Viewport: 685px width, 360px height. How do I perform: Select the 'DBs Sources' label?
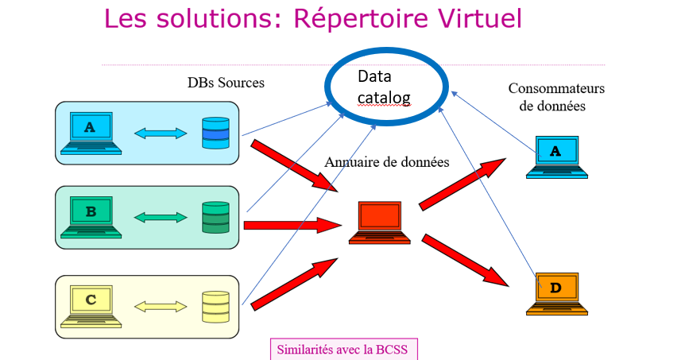226,83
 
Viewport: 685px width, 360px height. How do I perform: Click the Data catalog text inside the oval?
384,87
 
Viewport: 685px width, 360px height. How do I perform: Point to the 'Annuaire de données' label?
387,162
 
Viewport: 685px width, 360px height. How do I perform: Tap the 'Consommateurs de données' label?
556,97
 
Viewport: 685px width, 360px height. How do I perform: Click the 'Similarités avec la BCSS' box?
343,349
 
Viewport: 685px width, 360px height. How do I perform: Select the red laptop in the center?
380,223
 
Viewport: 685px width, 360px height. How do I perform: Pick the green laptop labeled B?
91,218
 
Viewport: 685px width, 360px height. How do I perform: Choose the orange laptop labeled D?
556,293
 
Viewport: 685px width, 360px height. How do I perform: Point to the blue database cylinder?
215,133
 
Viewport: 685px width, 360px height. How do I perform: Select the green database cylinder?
215,218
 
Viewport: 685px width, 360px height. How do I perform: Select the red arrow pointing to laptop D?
464,259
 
